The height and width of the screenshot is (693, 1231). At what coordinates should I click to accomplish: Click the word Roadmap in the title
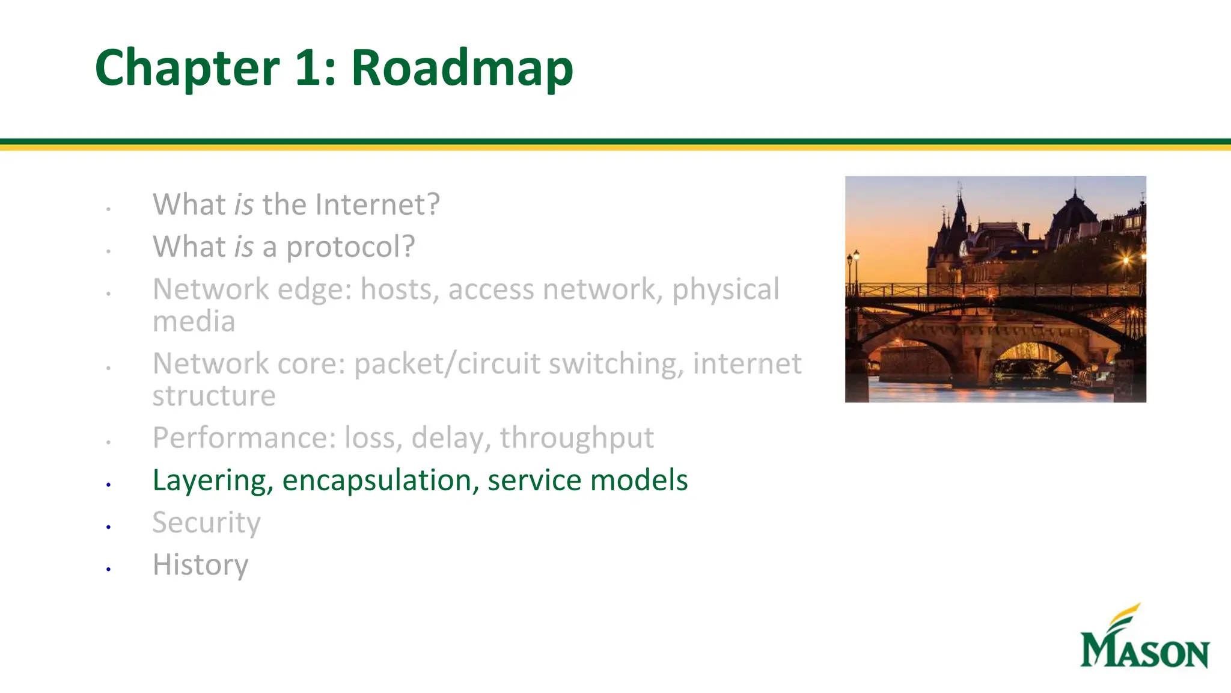[x=462, y=67]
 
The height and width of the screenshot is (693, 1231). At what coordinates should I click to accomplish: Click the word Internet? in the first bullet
[x=377, y=205]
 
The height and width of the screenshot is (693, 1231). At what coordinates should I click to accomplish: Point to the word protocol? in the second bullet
[x=350, y=247]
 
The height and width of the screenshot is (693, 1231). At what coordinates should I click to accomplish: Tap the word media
[x=194, y=322]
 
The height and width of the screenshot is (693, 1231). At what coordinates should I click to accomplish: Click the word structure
[x=214, y=396]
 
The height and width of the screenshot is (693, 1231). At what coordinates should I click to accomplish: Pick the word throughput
[x=576, y=438]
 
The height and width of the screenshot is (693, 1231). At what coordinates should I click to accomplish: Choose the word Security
[x=206, y=522]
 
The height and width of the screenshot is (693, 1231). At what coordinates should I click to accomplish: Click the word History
[x=200, y=564]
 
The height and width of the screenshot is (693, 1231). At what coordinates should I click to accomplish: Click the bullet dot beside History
[x=108, y=568]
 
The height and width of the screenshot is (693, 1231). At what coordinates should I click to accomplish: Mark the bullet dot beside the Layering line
[x=108, y=484]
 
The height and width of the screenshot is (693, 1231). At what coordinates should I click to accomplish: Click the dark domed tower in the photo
[x=1075, y=217]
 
